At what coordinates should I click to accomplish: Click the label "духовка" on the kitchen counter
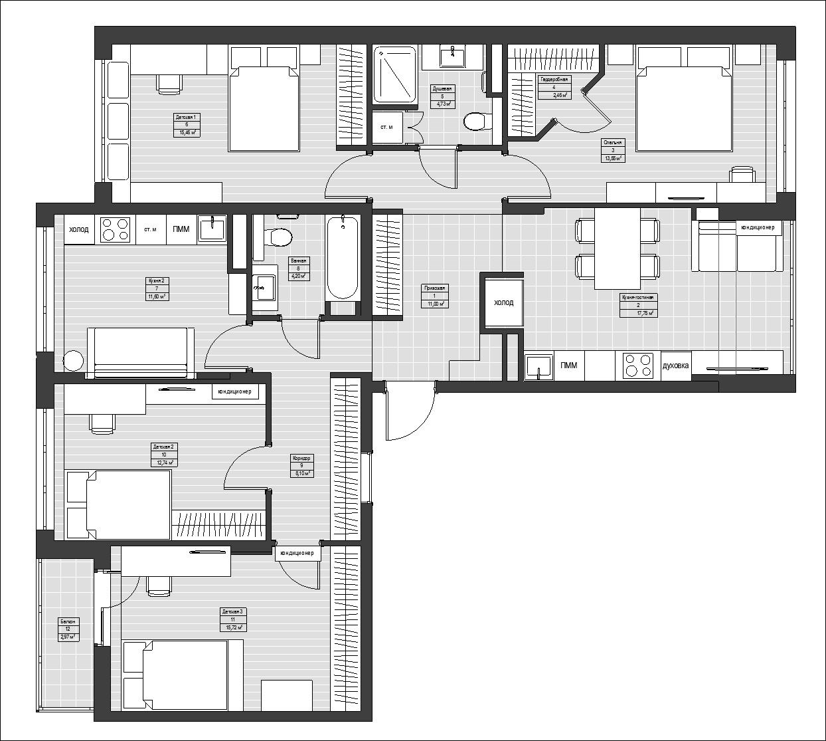tap(676, 366)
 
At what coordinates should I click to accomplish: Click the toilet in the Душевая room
tap(475, 121)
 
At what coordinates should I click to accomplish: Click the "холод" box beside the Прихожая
tap(503, 303)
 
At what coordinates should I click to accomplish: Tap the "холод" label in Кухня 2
tap(78, 230)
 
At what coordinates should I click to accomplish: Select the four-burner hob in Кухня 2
tap(115, 230)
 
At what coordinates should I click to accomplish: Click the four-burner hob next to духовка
tap(639, 366)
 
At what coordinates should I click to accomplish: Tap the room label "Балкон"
tap(67, 621)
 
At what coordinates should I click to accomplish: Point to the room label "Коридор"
tap(301, 458)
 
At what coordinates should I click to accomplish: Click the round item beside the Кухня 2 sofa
tap(72, 361)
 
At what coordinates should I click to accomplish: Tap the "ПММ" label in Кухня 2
tap(181, 230)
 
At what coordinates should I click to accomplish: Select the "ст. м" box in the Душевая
tap(386, 126)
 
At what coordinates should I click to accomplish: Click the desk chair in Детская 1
tap(169, 82)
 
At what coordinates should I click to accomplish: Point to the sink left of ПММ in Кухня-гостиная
tap(538, 366)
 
